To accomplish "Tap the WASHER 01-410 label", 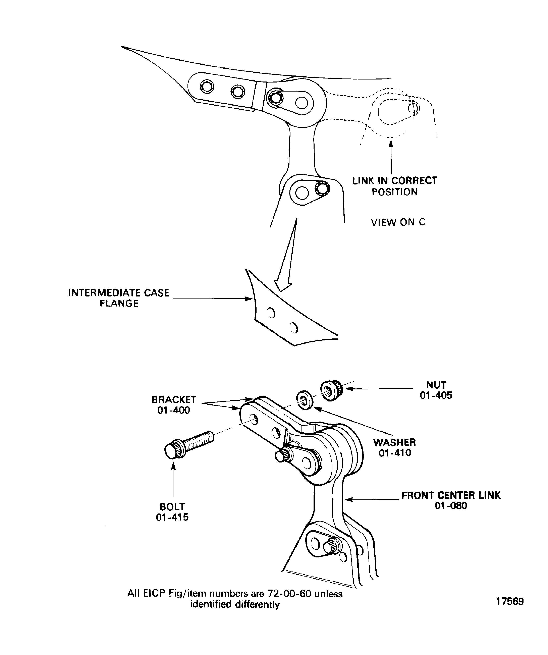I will [395, 448].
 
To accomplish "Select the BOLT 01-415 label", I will [172, 512].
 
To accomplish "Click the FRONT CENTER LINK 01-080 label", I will [451, 500].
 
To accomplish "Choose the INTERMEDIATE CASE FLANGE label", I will [119, 298].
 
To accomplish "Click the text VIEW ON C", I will [398, 222].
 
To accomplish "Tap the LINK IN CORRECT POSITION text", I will [395, 186].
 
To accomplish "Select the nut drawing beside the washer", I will [332, 390].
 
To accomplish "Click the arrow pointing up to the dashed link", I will [391, 158].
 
